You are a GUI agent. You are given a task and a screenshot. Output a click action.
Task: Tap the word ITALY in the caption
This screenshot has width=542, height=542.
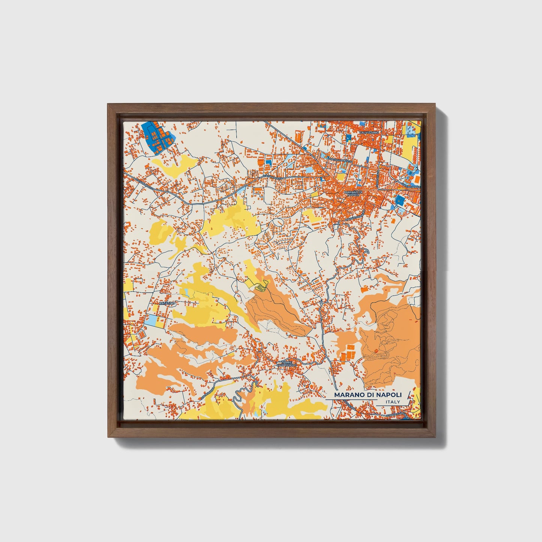[392, 402]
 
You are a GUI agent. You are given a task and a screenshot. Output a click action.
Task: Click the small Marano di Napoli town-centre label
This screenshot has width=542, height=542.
[353, 194]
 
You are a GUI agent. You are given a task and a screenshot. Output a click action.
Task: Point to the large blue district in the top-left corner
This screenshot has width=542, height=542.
[158, 137]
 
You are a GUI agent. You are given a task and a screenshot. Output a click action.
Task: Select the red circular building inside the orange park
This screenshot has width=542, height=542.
[375, 351]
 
